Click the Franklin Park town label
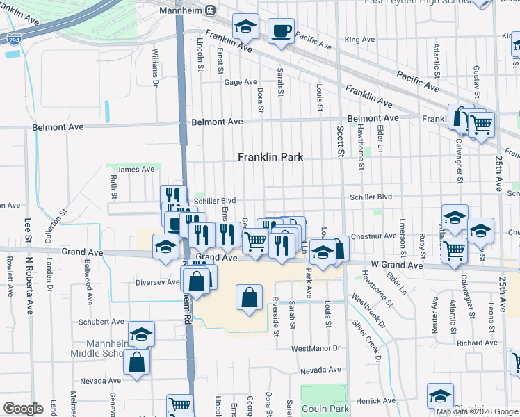coord(270,158)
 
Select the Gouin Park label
coord(325,409)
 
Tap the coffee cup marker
coord(281,31)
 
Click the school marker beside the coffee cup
coord(245,27)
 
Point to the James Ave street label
coord(135,169)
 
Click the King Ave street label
coord(359,40)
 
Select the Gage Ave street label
coord(241,82)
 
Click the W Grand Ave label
coord(396,265)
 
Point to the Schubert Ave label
coord(101,322)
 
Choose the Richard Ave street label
coord(477,343)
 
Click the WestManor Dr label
coord(316,348)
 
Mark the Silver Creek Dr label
coord(366,341)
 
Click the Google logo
coord(22,409)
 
